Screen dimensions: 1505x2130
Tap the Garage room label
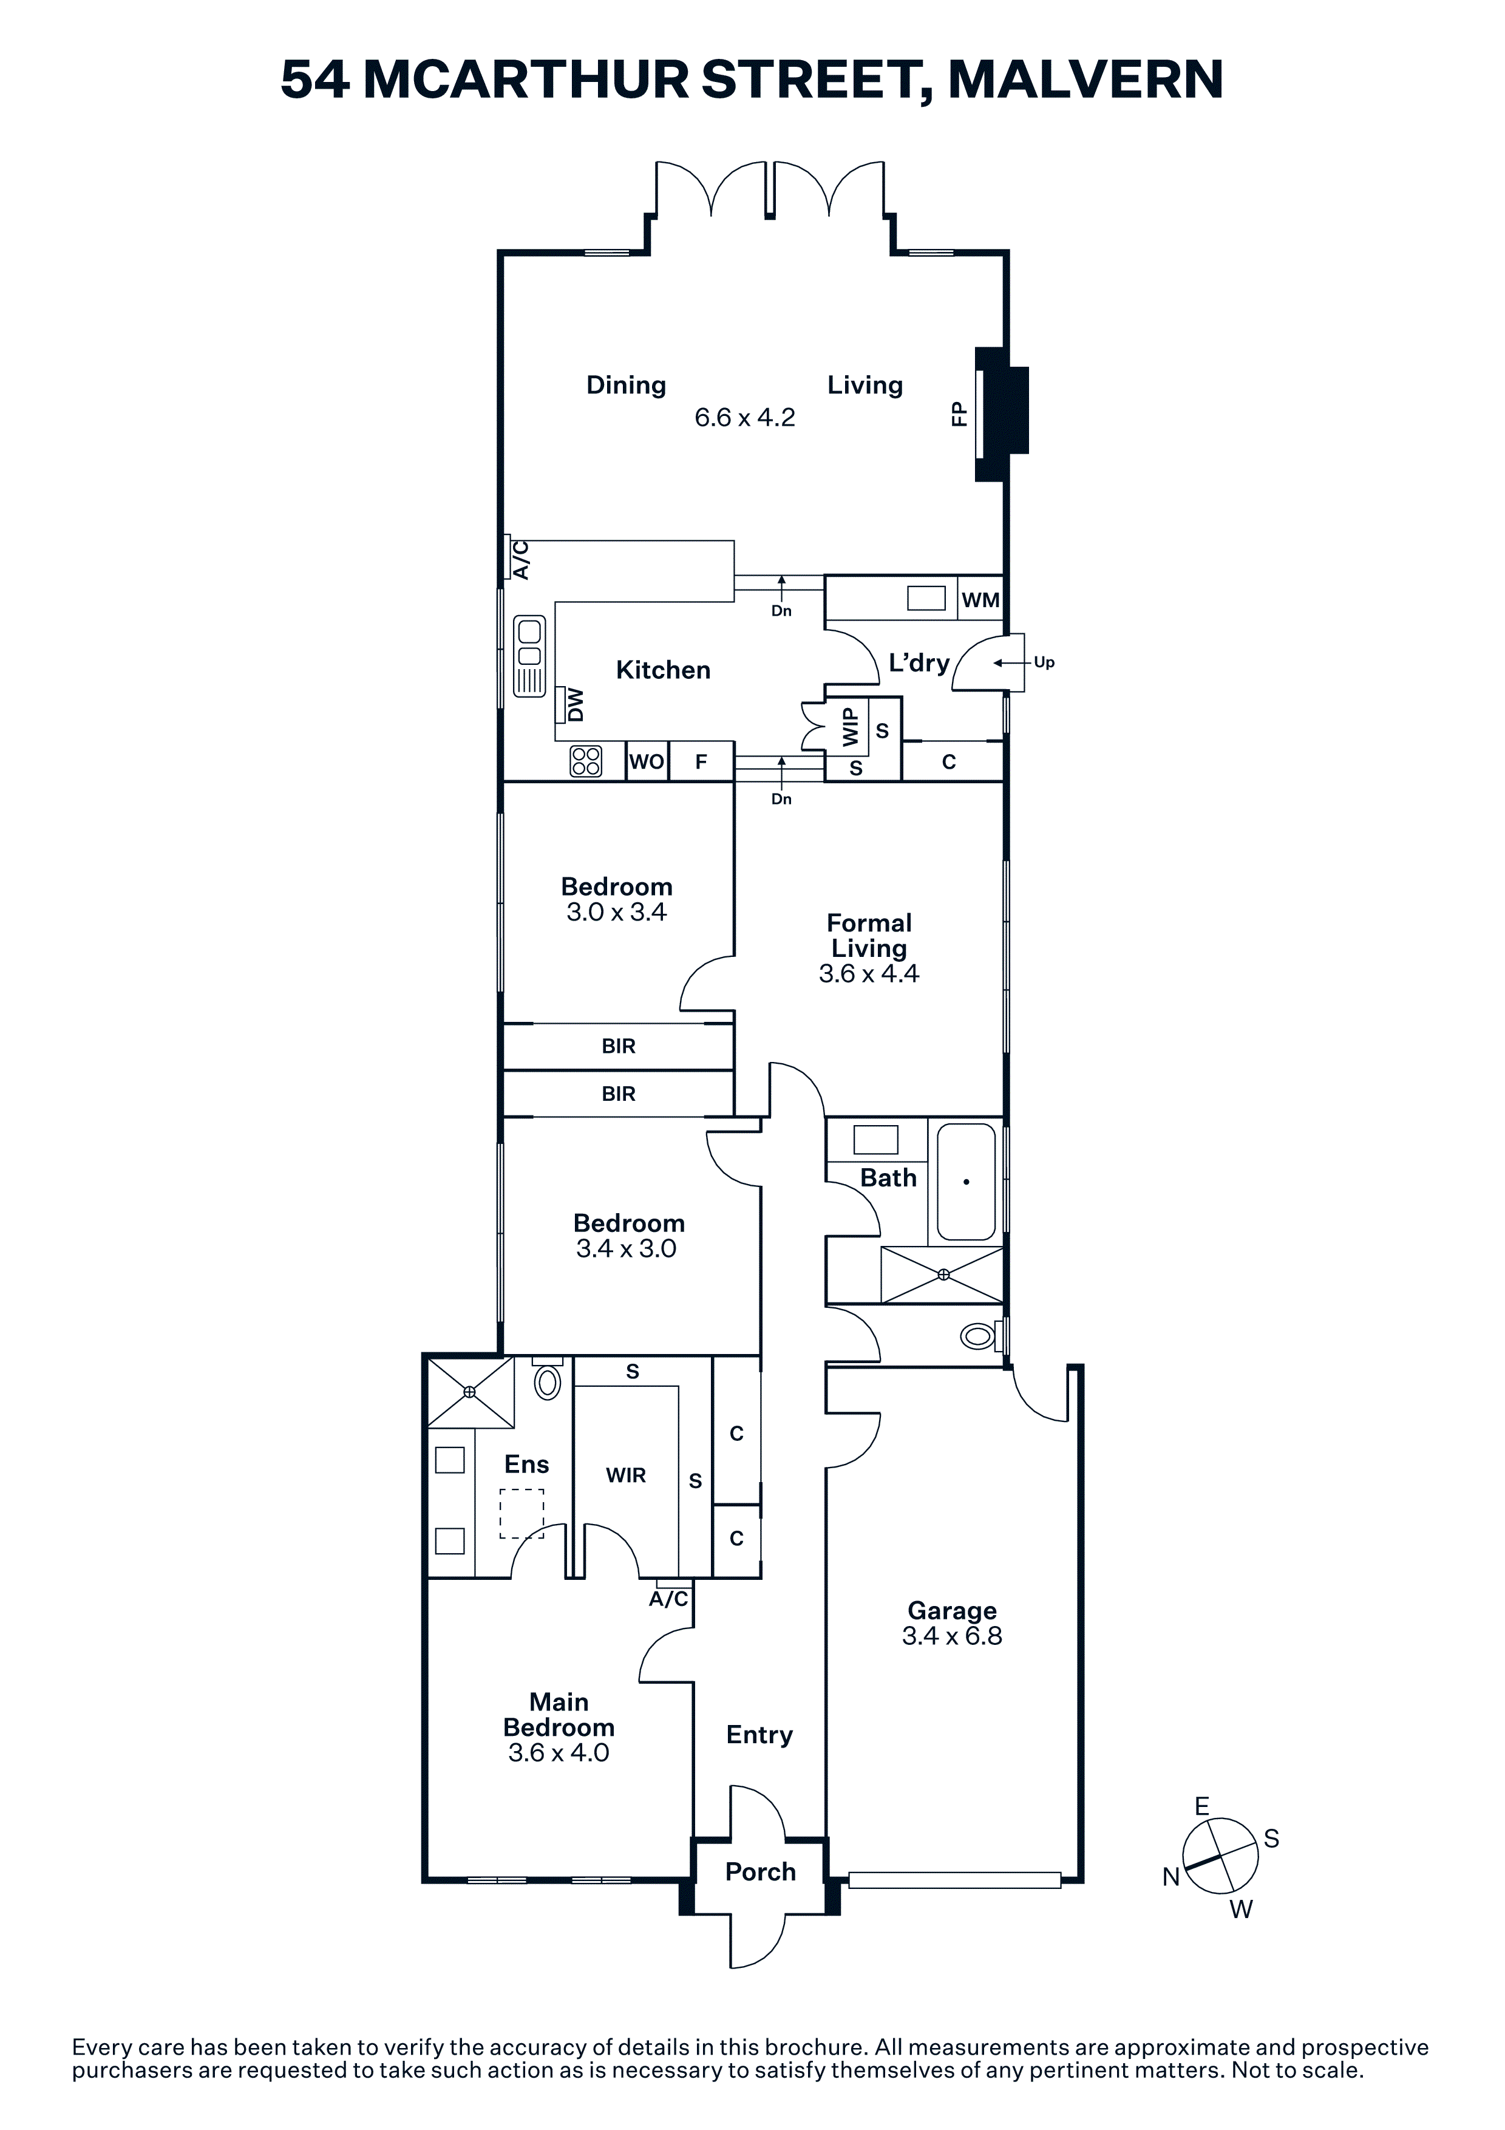(953, 1610)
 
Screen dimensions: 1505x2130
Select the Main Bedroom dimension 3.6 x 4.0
(559, 1752)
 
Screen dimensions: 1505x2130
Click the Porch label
(760, 1872)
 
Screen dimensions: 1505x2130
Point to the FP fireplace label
(959, 413)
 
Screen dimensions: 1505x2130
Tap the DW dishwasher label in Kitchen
(576, 704)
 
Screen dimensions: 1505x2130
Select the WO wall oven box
(647, 761)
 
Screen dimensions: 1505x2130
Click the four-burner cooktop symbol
(586, 761)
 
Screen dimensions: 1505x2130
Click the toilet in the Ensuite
(548, 1380)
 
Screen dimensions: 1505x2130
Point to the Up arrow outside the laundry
(1013, 662)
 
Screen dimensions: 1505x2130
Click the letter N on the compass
(1171, 1877)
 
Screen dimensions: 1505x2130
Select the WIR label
(626, 1475)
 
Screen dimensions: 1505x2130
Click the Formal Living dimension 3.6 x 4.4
(869, 973)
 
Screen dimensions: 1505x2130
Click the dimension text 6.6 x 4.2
(745, 418)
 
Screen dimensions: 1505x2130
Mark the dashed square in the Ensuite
(522, 1514)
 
